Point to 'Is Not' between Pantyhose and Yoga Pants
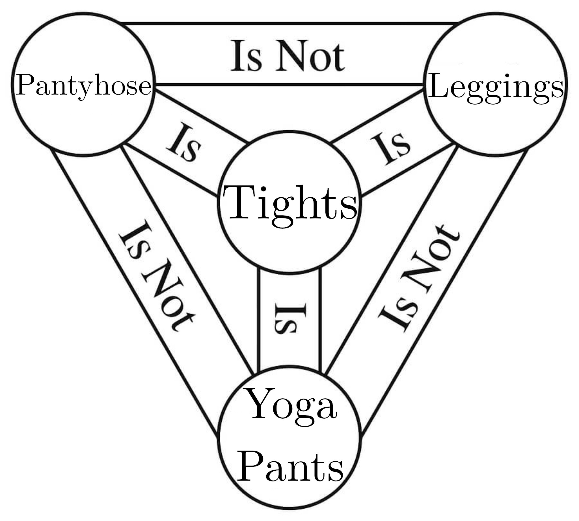(156, 276)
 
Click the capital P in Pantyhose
(24, 85)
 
